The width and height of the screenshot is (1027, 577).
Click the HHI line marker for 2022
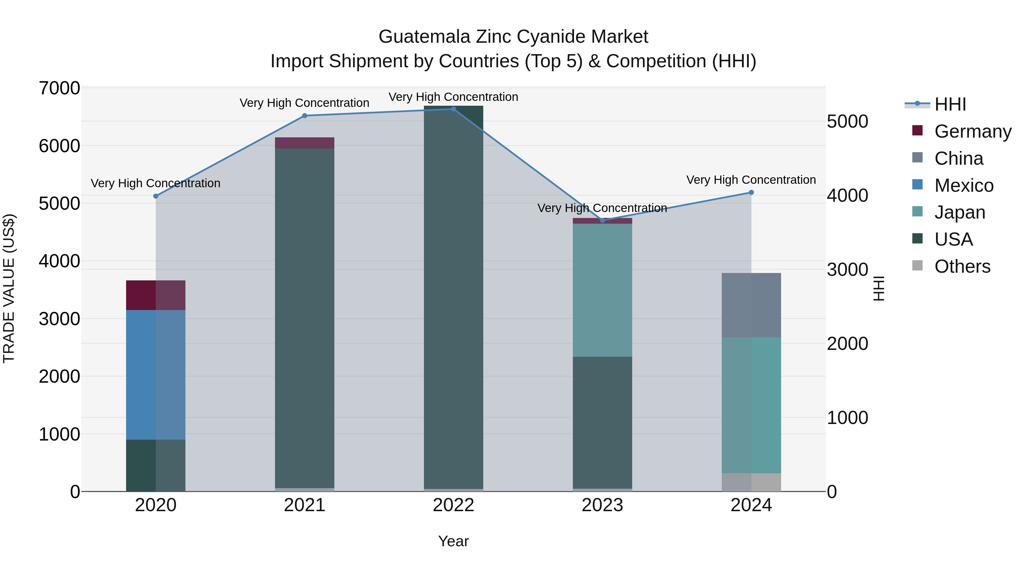pos(453,109)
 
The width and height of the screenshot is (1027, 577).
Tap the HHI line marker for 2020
pos(156,196)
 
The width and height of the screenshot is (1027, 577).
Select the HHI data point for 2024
pos(751,193)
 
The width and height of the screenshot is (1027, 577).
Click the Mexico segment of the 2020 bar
pos(155,374)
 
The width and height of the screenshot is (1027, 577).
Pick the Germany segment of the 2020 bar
pos(155,295)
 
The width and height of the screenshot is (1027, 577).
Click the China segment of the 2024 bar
pos(751,305)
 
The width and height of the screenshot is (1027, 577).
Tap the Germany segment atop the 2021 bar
pos(305,143)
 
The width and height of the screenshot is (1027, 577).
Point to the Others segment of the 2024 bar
pos(751,482)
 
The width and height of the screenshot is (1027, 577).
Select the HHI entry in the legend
pos(950,104)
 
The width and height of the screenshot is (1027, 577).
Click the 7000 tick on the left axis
pos(59,88)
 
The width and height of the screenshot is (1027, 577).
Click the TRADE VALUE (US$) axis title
pos(9,288)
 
